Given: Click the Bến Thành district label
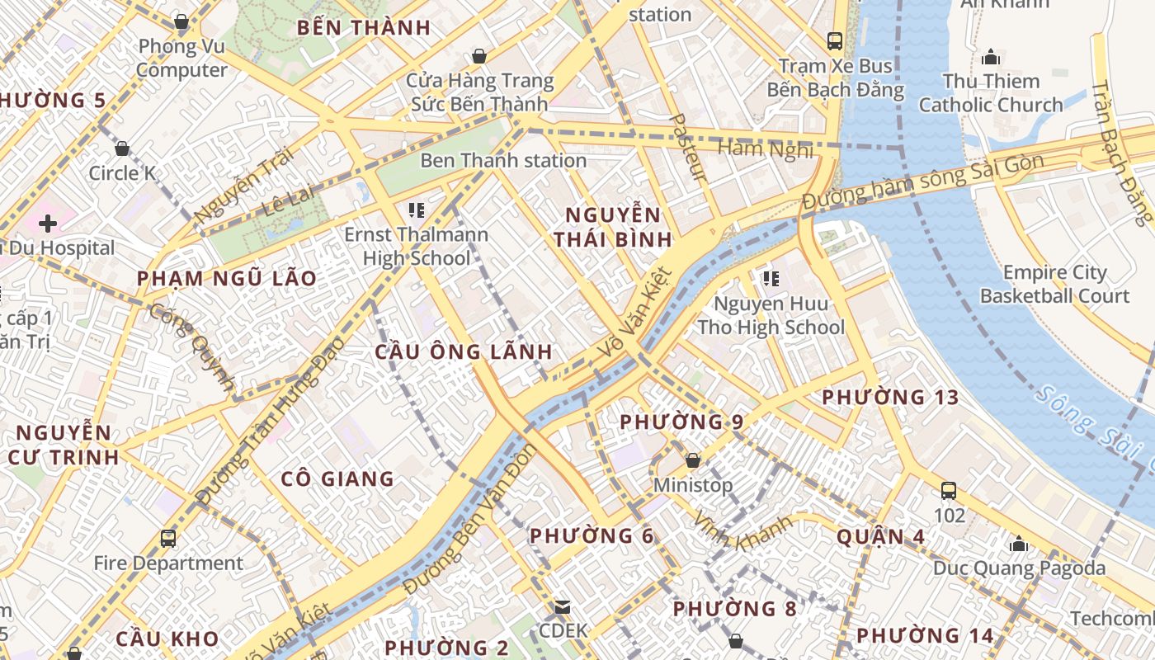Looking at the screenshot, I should (364, 27).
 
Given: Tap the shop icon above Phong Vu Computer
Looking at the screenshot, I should (181, 21).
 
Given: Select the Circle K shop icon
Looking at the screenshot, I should (122, 148).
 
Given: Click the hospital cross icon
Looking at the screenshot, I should (48, 223).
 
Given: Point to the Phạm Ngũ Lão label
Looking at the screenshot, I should (227, 279).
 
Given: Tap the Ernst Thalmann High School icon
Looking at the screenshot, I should (416, 210).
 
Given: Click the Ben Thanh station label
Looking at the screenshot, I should (503, 160).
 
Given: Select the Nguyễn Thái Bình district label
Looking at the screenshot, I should (612, 228).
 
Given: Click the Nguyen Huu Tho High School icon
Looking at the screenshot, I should (771, 279).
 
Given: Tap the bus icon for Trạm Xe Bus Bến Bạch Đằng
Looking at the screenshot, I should (835, 40).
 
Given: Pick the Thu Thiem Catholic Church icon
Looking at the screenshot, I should (991, 57).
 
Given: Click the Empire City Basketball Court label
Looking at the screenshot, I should (1054, 284).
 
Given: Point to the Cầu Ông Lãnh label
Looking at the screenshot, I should (464, 352).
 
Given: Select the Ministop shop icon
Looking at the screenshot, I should (693, 460).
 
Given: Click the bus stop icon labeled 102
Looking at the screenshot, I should (949, 491).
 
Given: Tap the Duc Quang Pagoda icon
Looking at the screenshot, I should (1019, 544).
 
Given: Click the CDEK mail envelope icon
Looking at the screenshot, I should (563, 607).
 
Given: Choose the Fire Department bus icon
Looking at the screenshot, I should (168, 539).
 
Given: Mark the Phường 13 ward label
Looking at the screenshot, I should (891, 398).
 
